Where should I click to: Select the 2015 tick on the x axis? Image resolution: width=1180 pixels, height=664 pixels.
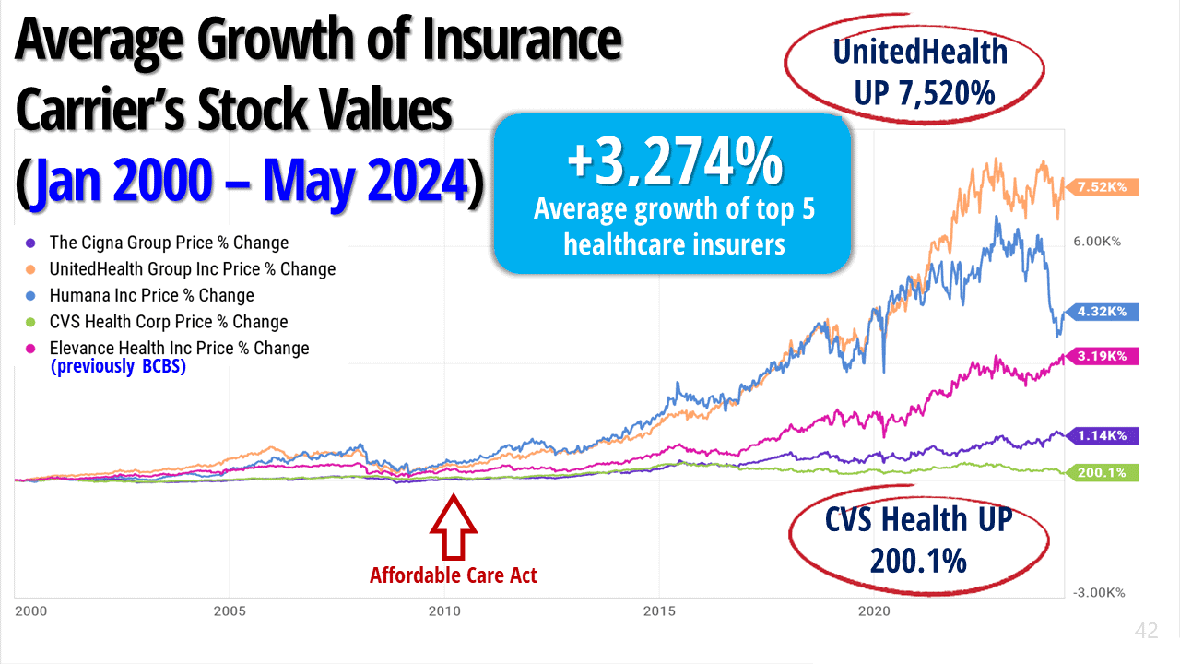659,611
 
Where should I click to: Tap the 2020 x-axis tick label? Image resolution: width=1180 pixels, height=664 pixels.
874,611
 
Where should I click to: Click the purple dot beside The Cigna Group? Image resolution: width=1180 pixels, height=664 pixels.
30,243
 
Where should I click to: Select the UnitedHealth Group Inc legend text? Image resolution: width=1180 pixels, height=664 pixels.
193,269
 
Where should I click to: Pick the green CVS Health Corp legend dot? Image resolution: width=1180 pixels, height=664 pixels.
30,323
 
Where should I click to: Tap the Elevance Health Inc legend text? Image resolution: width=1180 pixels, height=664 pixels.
180,349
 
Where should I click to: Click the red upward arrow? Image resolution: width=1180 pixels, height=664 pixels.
454,528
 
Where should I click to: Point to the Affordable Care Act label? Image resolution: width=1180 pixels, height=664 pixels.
454,575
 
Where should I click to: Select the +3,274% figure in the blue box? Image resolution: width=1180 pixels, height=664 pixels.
674,162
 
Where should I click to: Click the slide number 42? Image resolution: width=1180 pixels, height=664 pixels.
1146,631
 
